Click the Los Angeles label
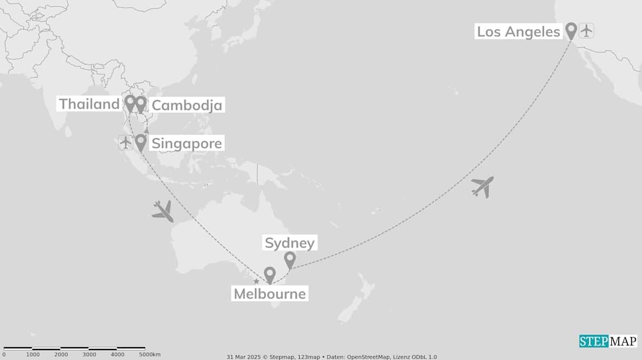(518, 32)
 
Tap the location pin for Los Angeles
(571, 30)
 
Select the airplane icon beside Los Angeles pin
(586, 30)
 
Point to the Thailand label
(89, 104)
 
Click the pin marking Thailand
(130, 103)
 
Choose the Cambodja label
(186, 105)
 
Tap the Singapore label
(186, 143)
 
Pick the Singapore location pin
(141, 142)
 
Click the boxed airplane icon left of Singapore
(126, 142)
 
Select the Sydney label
(290, 243)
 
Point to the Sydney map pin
(290, 260)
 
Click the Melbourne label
(270, 294)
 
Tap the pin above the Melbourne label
(270, 275)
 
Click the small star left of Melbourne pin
(256, 281)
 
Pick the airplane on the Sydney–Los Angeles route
(483, 186)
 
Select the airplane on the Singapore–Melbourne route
(162, 211)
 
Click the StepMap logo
(607, 341)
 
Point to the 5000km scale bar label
(150, 354)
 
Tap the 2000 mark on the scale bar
(61, 354)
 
